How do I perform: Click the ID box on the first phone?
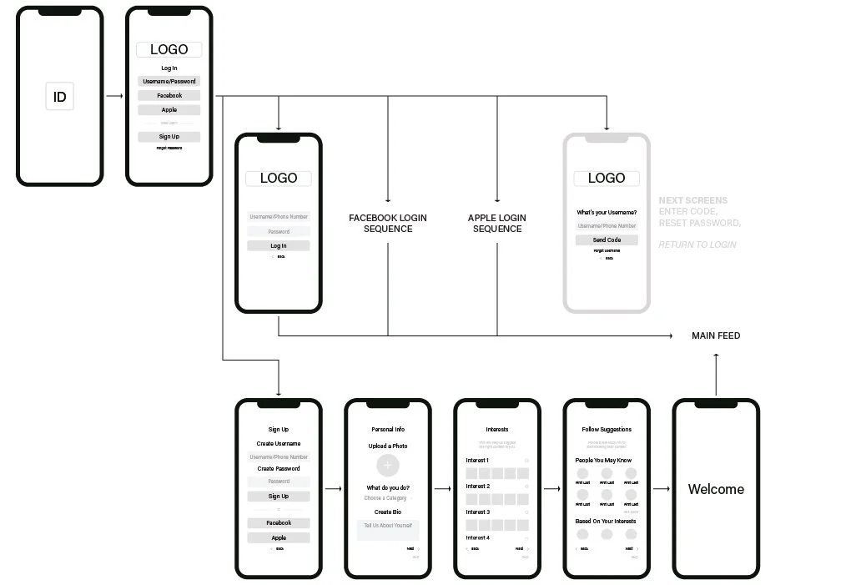(x=59, y=98)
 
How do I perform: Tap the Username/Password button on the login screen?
(x=169, y=81)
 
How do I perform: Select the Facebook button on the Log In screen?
(x=169, y=96)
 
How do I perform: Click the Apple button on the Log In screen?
(x=169, y=110)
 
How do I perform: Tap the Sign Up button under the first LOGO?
(x=169, y=137)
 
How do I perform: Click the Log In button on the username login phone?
(x=279, y=246)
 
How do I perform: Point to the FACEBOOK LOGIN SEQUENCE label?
(x=388, y=223)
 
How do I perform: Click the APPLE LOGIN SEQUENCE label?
(x=497, y=223)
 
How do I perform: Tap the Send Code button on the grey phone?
(x=607, y=240)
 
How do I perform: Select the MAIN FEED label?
(x=716, y=335)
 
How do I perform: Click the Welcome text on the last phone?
(x=716, y=490)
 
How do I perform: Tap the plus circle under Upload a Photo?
(x=389, y=466)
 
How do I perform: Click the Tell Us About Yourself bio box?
(x=389, y=529)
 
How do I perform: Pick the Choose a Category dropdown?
(x=387, y=498)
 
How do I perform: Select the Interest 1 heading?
(x=477, y=461)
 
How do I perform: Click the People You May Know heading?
(x=603, y=461)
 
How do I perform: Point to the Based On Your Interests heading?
(x=606, y=522)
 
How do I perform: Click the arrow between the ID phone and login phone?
(x=115, y=97)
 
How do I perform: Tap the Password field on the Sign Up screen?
(x=279, y=482)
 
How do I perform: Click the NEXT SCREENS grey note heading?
(x=692, y=200)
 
